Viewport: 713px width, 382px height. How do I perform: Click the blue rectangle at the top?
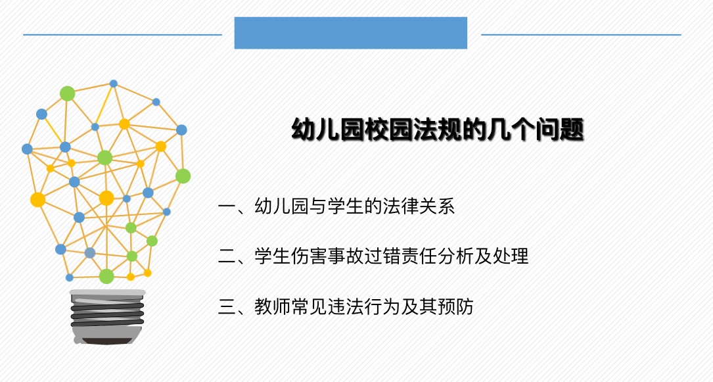[x=351, y=33]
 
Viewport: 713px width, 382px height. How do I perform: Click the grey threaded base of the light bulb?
[x=107, y=316]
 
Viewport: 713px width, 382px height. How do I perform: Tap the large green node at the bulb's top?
[x=67, y=93]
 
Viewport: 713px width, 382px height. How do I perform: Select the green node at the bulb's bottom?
[x=106, y=276]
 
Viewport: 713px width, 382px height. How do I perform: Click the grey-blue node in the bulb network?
[x=90, y=253]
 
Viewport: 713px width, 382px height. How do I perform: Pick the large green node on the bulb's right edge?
[x=183, y=176]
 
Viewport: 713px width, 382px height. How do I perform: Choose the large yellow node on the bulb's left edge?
[x=37, y=200]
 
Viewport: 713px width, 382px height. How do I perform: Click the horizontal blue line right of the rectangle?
[x=581, y=35]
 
